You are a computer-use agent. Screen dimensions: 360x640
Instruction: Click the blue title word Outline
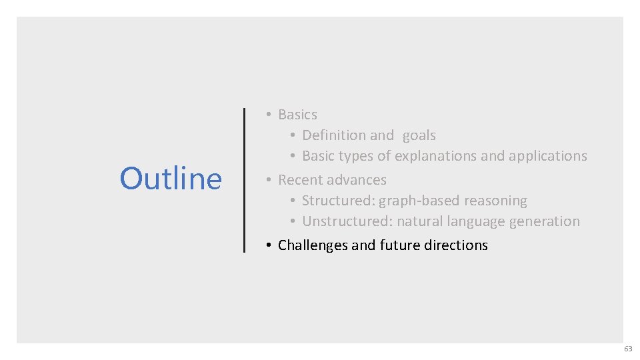pos(171,179)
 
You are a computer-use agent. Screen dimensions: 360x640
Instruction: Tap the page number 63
pos(628,349)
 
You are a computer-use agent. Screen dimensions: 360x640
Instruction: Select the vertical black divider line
pos(244,180)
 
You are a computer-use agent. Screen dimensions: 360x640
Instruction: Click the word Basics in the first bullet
pos(297,115)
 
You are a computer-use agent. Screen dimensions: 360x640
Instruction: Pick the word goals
pos(419,136)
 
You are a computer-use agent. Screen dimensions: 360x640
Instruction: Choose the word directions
pos(457,245)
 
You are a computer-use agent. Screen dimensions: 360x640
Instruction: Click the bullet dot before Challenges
pos(267,245)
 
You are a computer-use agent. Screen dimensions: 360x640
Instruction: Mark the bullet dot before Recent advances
pos(267,180)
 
